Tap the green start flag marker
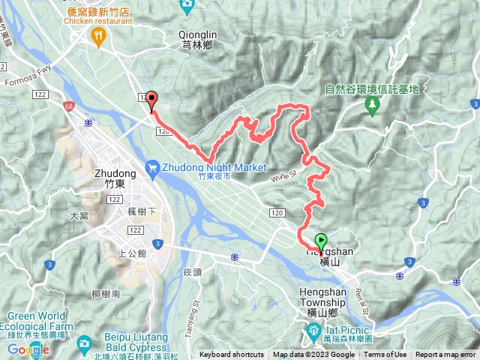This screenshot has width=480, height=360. tap(321, 242)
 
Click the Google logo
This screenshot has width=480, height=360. tap(28, 349)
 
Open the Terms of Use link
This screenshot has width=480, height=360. tap(385, 355)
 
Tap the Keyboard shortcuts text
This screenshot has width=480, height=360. tap(231, 355)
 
